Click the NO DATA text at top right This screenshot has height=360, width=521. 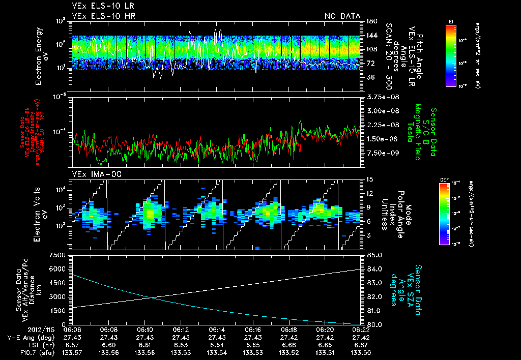point(342,16)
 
